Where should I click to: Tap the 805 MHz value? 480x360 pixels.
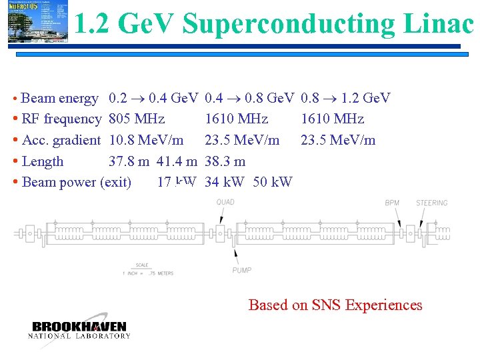tap(137, 119)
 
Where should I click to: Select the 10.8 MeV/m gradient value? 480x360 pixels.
tap(146, 140)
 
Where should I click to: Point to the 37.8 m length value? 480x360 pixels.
tap(129, 161)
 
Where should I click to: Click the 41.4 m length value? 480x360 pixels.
tap(177, 161)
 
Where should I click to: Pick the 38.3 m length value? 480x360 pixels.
tap(225, 161)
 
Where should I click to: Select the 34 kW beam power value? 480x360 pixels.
tap(225, 182)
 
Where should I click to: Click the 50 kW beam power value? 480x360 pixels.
tap(273, 182)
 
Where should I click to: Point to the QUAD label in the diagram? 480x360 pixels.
tap(225, 203)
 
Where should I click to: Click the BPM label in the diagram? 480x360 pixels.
tap(393, 203)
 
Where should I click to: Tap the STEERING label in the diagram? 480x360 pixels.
tap(432, 203)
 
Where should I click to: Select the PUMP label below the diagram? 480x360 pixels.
tap(242, 270)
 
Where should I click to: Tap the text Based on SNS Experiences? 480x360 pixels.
tap(335, 305)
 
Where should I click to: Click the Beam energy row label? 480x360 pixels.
tap(59, 99)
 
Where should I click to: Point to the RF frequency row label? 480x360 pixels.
tap(61, 119)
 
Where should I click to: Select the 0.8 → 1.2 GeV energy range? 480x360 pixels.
tap(345, 99)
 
